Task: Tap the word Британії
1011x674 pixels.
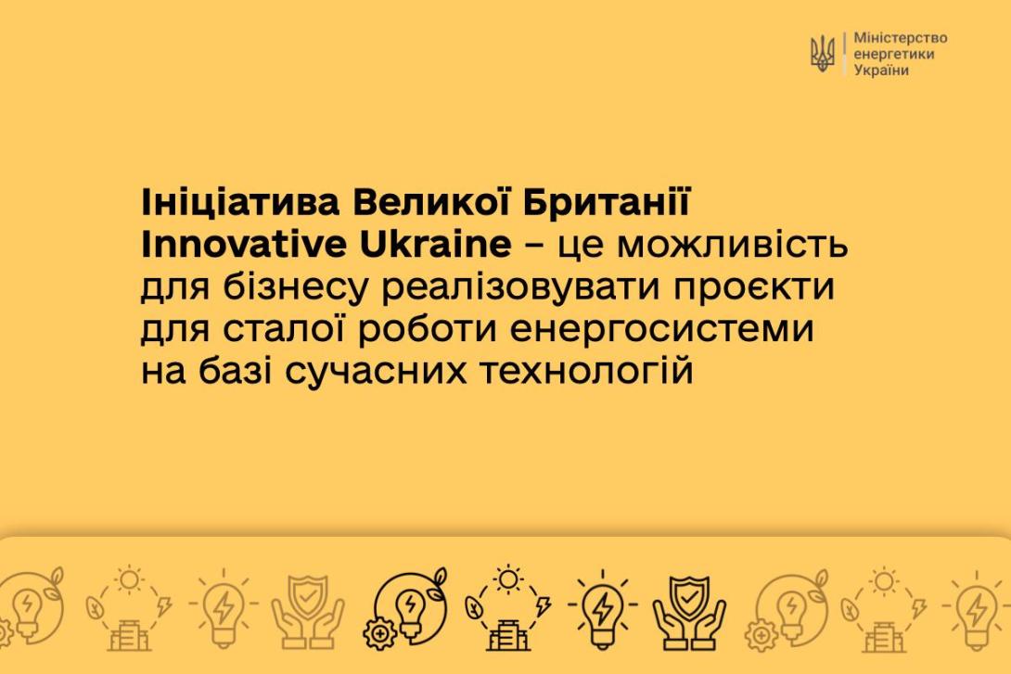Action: [606, 202]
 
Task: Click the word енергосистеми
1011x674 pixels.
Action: [662, 329]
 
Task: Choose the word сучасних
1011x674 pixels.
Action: [376, 372]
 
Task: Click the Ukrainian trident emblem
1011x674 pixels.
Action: [822, 54]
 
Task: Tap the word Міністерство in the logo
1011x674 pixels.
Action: [900, 38]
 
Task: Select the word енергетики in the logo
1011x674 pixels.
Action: [893, 54]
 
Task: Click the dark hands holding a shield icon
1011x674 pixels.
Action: [689, 612]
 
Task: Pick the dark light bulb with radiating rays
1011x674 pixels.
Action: [602, 609]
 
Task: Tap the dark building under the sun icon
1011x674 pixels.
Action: [508, 635]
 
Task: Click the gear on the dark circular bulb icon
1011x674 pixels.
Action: [380, 633]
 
